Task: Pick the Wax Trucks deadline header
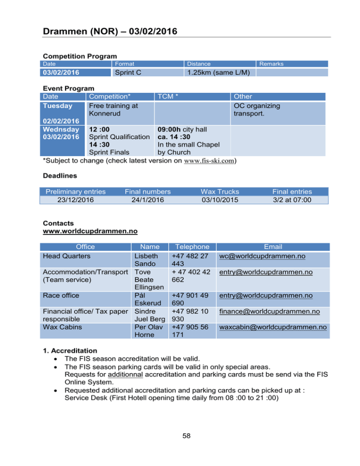click(x=220, y=191)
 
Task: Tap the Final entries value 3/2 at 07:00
click(x=292, y=200)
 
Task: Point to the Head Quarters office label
click(x=67, y=256)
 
